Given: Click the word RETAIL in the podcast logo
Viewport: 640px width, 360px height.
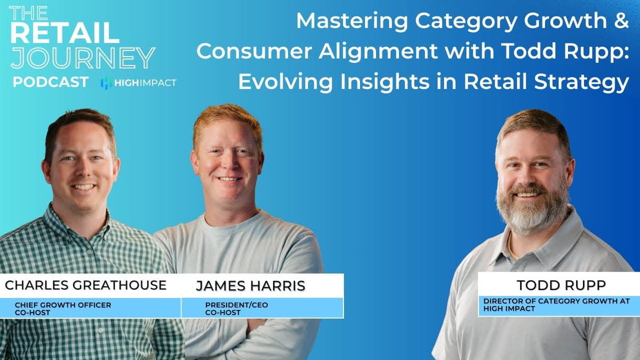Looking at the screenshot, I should (64, 33).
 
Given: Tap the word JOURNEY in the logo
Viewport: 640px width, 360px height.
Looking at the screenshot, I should (83, 58).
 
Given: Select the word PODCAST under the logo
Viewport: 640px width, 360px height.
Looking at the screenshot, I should (51, 83).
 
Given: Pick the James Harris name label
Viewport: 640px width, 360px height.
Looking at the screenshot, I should (250, 286).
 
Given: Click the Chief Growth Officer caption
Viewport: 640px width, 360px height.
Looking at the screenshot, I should (63, 305).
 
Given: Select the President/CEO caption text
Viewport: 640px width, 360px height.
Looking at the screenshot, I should (237, 305).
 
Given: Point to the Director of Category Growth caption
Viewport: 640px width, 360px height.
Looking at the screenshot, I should (556, 301).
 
